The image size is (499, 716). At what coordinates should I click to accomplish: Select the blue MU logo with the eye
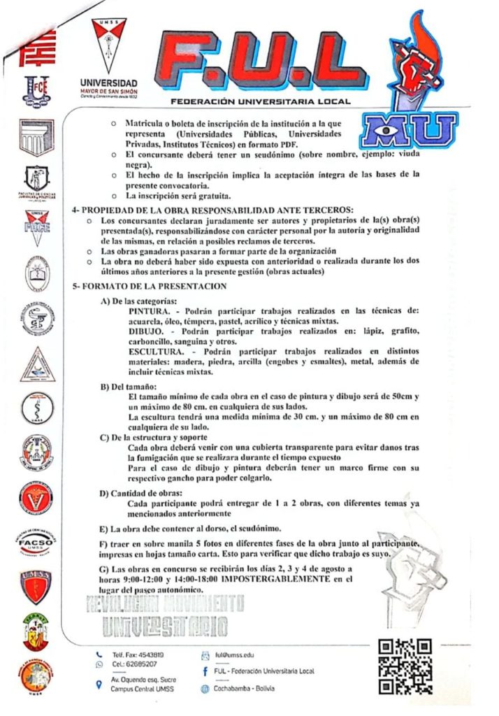(x=410, y=133)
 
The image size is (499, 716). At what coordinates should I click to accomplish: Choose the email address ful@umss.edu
(x=234, y=655)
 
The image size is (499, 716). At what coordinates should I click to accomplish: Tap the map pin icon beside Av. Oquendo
(x=99, y=685)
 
